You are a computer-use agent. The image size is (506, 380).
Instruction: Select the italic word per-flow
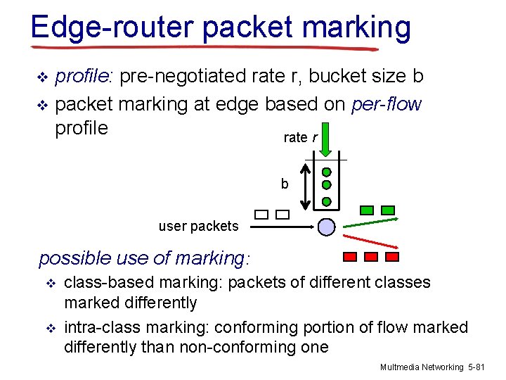click(x=386, y=104)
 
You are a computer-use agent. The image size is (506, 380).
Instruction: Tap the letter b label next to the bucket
click(x=285, y=184)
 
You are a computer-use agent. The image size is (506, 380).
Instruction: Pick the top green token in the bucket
click(x=327, y=172)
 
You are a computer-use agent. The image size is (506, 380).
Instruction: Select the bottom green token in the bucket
click(x=327, y=201)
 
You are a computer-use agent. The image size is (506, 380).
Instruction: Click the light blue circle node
click(x=327, y=227)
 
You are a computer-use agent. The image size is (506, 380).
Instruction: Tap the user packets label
click(x=198, y=227)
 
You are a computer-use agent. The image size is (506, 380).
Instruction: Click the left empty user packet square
click(x=261, y=215)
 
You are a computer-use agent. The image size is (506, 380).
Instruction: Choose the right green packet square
click(x=388, y=210)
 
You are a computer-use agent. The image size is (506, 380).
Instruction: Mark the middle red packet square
click(x=372, y=257)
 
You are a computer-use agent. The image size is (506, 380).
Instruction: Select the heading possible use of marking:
click(x=143, y=258)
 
